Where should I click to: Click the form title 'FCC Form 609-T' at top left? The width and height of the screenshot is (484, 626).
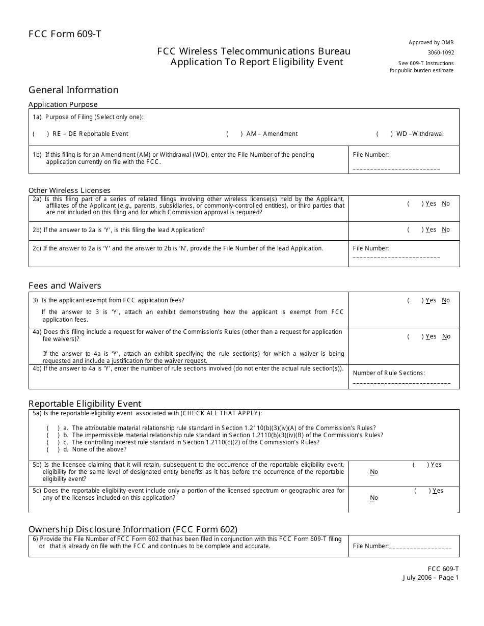tap(65, 35)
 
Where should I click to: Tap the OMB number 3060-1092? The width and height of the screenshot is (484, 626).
tap(441, 52)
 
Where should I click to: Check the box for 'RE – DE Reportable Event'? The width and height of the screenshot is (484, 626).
tap(41, 134)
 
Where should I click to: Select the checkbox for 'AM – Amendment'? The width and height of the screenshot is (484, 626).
tap(234, 134)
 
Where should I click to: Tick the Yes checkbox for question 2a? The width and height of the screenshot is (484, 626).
tap(415, 204)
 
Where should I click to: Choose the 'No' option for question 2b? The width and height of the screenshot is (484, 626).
tap(446, 230)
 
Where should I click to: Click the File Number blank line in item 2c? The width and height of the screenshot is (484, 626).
tap(396, 257)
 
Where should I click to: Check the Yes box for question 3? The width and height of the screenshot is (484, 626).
tap(415, 300)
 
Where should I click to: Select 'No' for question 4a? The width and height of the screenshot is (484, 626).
tap(446, 336)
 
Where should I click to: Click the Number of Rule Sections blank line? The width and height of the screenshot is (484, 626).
tap(401, 382)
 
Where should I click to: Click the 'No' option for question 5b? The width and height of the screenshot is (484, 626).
tap(374, 472)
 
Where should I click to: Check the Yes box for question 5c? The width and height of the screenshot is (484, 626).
tap(422, 491)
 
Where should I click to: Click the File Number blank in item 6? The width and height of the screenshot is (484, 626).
tap(420, 547)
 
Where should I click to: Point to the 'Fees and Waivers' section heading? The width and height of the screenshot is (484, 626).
tap(65, 286)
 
